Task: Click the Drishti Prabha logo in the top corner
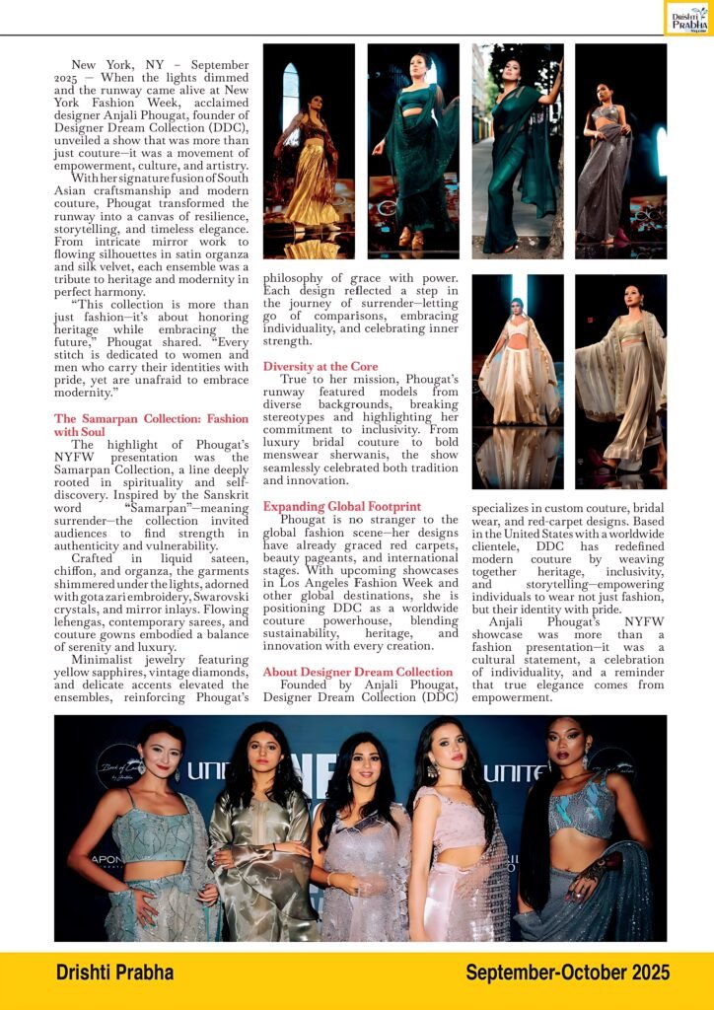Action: click(687, 18)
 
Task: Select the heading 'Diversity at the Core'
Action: click(321, 366)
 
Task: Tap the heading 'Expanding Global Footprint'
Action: click(341, 506)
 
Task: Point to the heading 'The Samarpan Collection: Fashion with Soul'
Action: click(151, 425)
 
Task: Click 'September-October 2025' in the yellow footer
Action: click(567, 973)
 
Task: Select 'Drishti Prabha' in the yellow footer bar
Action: click(114, 973)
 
